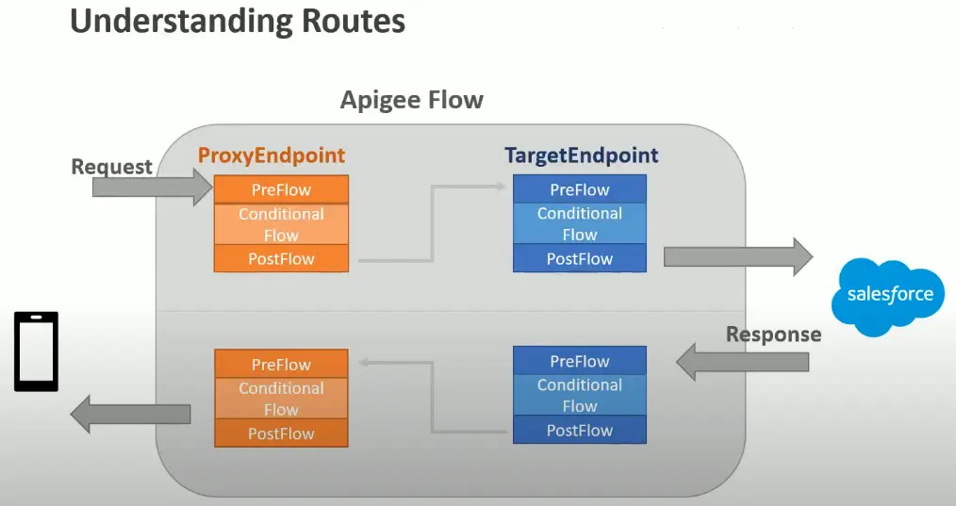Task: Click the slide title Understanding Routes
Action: tap(238, 22)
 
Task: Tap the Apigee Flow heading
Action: tap(412, 100)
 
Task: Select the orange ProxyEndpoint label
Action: tap(272, 155)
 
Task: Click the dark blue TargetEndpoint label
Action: tap(581, 155)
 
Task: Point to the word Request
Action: tap(111, 167)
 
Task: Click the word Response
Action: tap(773, 335)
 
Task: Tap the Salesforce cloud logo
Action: tap(888, 296)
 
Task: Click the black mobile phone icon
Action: tap(36, 351)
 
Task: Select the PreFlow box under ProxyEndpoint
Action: tap(281, 189)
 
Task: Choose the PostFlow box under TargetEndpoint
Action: tap(580, 258)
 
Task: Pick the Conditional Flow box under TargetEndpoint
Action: tap(580, 223)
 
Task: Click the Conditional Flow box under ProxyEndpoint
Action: tap(281, 224)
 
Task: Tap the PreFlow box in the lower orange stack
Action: tap(281, 364)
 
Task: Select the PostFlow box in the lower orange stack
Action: tap(281, 433)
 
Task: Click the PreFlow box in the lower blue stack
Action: tap(580, 361)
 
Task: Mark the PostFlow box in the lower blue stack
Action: tap(580, 430)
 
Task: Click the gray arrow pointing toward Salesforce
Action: tap(737, 256)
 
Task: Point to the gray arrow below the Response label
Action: tap(743, 362)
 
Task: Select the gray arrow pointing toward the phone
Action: tap(130, 414)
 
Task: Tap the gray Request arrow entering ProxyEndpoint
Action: tap(153, 187)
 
